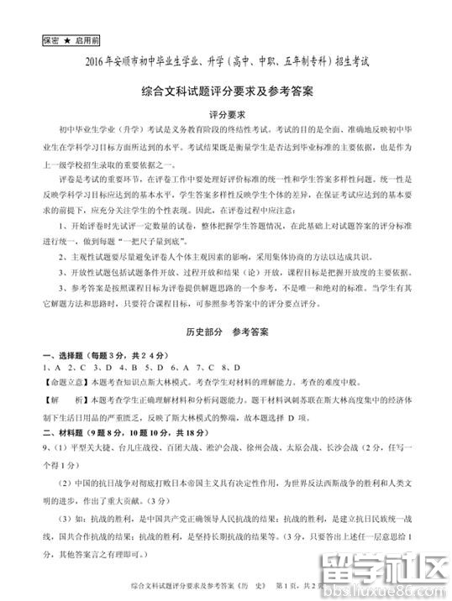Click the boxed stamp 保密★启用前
pos(70,39)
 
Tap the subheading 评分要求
pos(226,114)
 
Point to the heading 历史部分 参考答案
pos(226,309)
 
